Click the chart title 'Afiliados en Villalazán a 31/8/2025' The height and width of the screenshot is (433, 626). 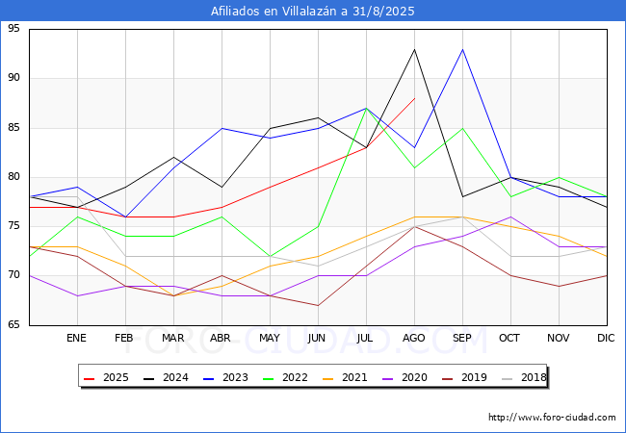click(313, 11)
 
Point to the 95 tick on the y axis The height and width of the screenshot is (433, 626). click(13, 29)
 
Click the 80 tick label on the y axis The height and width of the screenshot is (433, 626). click(13, 177)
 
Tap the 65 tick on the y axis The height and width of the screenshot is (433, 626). click(13, 325)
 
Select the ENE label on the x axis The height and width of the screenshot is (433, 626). click(76, 339)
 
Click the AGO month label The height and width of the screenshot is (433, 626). click(414, 339)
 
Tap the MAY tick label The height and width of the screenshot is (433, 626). click(270, 339)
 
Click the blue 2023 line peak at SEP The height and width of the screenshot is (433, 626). click(462, 49)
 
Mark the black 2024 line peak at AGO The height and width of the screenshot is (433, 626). click(414, 49)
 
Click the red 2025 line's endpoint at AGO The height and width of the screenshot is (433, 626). click(414, 98)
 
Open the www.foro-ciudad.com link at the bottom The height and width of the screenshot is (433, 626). click(552, 418)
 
